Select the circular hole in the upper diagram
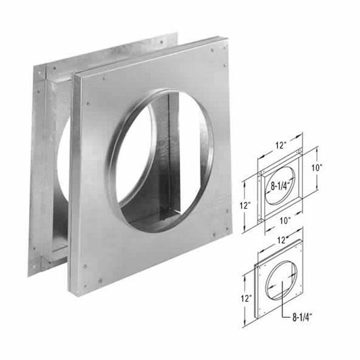click(280, 186)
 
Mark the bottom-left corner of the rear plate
click(28, 274)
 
